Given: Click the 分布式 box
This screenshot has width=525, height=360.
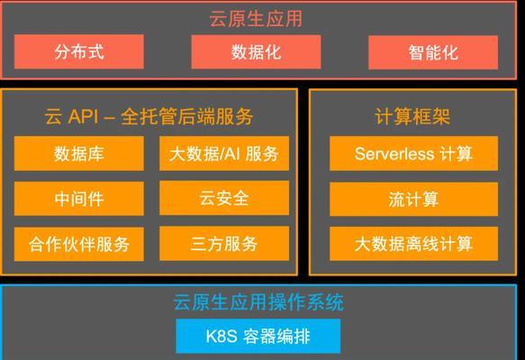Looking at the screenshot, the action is [79, 51].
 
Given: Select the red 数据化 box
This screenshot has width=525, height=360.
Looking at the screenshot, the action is [256, 52].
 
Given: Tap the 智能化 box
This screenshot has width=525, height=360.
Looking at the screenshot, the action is [433, 52].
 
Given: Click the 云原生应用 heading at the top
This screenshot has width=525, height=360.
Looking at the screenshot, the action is [256, 18].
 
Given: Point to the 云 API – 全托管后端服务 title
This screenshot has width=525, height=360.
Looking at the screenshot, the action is [149, 116].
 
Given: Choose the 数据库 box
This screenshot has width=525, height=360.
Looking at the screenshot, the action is [79, 153].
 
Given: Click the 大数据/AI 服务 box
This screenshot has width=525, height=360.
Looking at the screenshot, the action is [224, 153].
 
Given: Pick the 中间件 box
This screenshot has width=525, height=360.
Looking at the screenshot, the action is [79, 198].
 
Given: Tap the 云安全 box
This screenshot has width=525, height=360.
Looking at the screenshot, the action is [224, 198].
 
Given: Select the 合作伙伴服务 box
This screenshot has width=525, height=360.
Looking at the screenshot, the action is [79, 244].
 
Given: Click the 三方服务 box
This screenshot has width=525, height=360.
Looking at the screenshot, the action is [224, 244].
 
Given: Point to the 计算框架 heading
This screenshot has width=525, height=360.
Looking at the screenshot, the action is [412, 116].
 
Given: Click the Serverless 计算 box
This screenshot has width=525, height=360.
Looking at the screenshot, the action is [414, 153].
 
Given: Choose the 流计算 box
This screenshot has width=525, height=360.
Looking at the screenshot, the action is [414, 199].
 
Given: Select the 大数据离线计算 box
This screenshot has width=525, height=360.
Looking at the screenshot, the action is [414, 244].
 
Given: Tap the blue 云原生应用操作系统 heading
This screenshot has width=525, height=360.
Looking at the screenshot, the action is [258, 302].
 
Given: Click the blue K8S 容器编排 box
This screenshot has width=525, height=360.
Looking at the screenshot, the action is [258, 336].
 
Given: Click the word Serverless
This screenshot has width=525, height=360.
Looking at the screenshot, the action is [394, 154].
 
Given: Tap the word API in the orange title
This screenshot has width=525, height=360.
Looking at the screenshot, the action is [84, 117].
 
